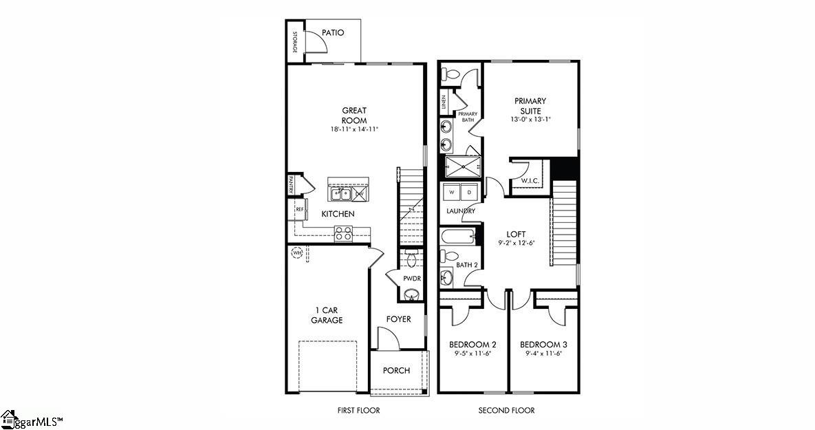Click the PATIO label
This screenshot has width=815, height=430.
click(332, 32)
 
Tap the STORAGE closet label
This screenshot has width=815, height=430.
click(294, 42)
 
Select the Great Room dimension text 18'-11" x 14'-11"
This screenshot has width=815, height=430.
click(354, 129)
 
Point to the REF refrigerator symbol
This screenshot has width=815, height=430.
click(299, 208)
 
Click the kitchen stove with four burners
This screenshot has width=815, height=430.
click(343, 233)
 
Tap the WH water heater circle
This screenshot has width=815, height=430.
click(297, 253)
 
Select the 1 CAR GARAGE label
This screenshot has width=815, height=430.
click(326, 315)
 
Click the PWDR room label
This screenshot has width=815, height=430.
click(412, 278)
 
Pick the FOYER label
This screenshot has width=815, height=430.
click(398, 319)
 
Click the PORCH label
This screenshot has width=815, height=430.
click(396, 370)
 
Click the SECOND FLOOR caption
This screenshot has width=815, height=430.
click(506, 411)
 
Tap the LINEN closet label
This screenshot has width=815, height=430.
click(444, 103)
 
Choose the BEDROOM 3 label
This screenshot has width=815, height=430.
click(543, 344)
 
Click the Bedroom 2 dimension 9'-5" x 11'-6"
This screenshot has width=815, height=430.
click(472, 354)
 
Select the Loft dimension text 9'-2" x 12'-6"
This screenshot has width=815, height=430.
click(517, 243)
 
